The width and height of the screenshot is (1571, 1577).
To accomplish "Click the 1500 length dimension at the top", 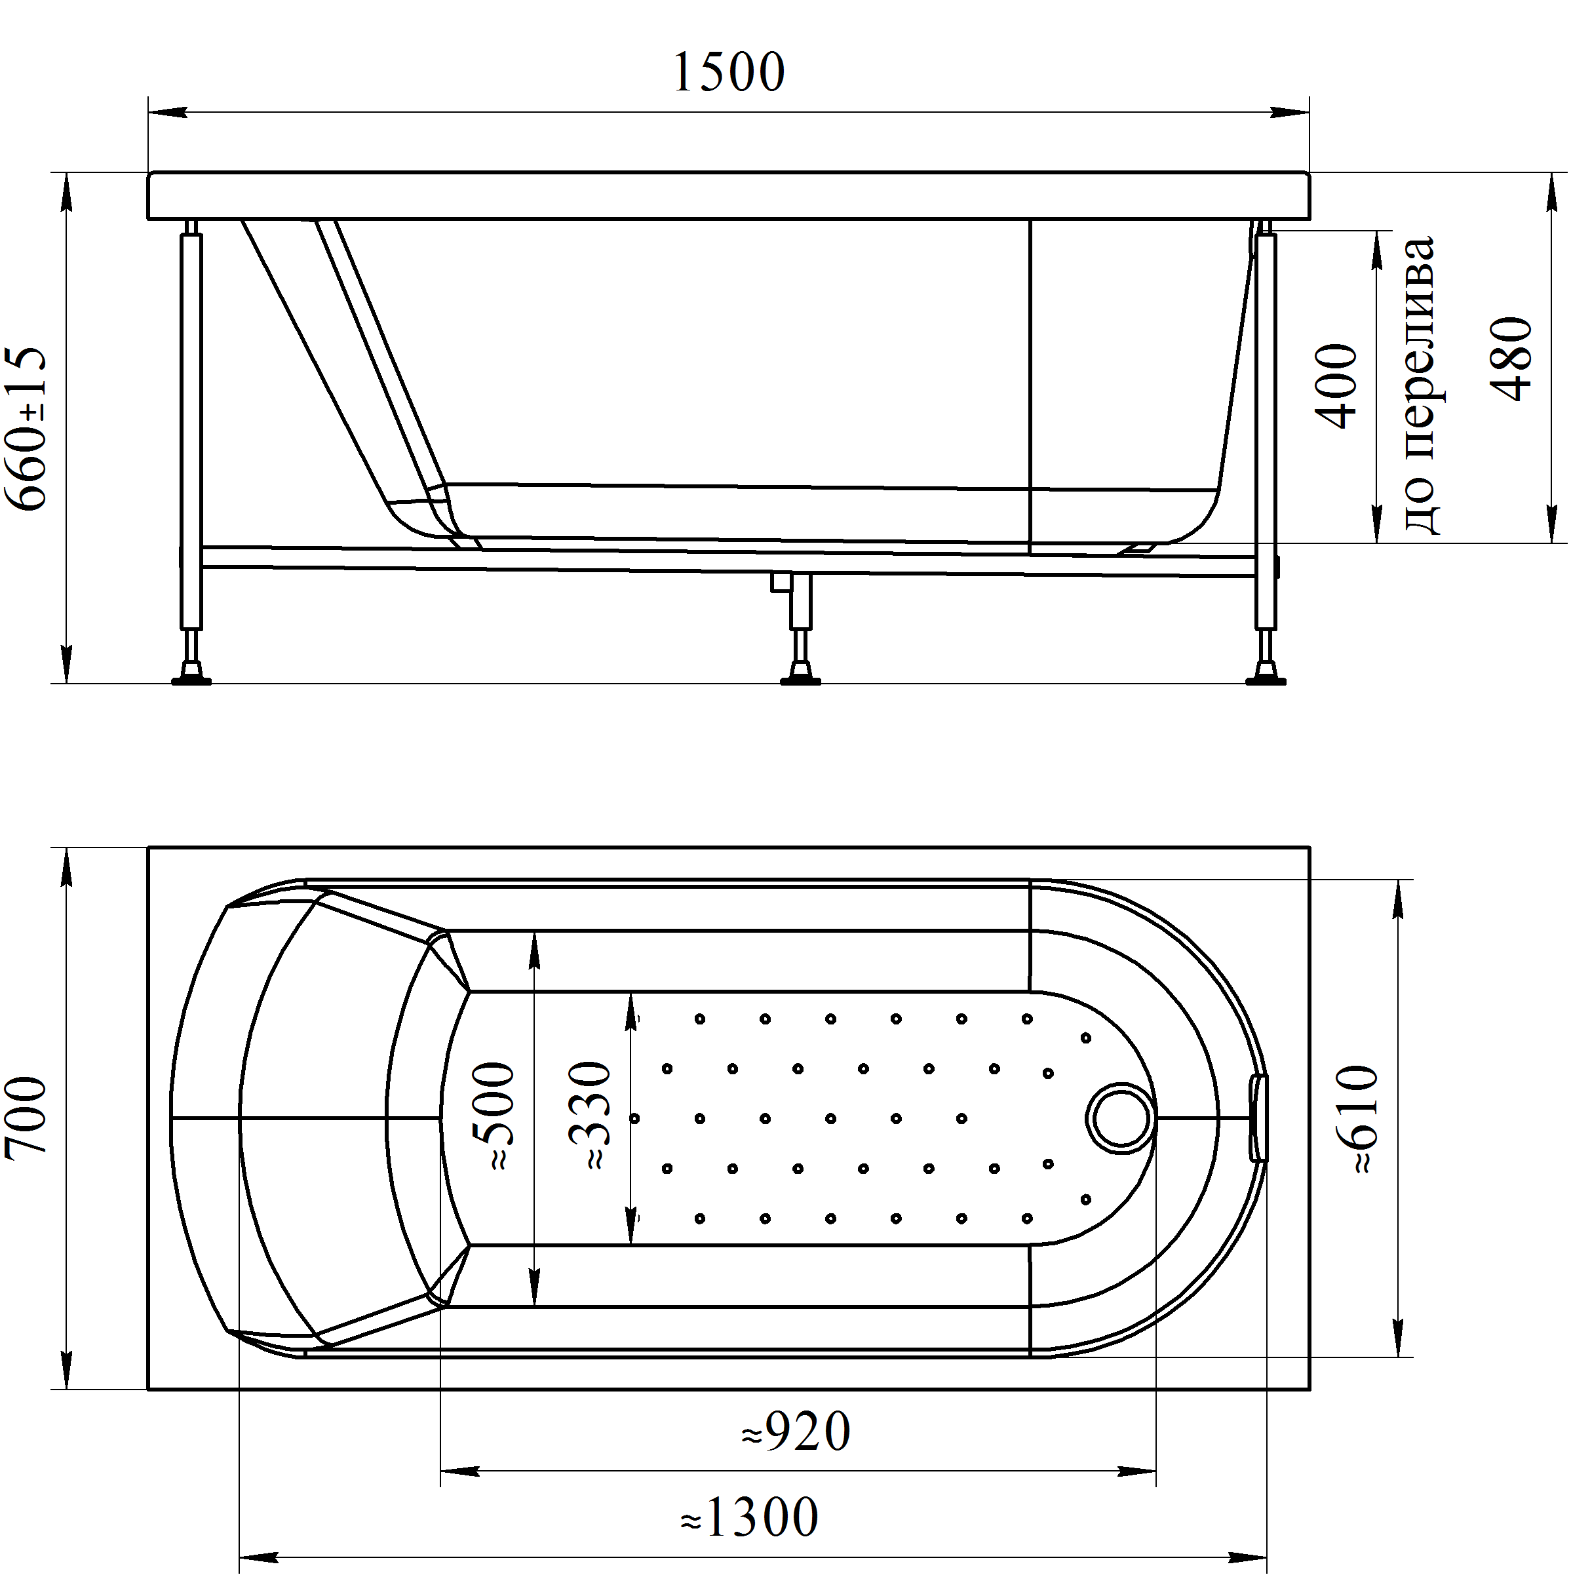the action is click(x=729, y=72).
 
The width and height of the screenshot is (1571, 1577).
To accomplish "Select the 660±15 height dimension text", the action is click(x=26, y=429).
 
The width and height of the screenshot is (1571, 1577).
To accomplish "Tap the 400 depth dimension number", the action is click(x=1336, y=386).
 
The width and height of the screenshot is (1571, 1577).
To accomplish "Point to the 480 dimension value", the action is click(x=1511, y=359).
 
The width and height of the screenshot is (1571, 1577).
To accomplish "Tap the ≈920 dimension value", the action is click(x=796, y=1431).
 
